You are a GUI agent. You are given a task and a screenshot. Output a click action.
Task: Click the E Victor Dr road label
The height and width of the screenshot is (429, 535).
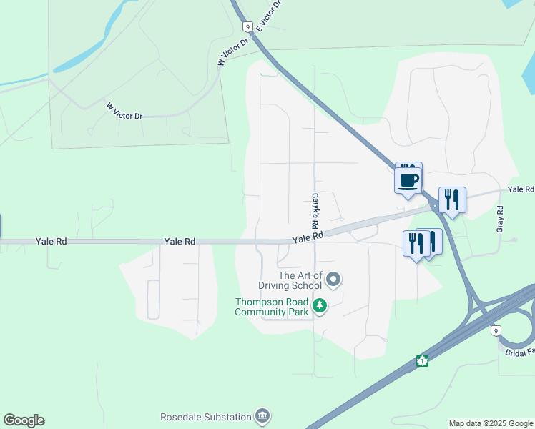click(268, 16)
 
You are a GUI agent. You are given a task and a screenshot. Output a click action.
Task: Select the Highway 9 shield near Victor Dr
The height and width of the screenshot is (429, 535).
click(247, 26)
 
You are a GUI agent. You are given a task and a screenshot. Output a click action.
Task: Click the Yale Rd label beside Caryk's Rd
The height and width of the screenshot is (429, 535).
click(308, 236)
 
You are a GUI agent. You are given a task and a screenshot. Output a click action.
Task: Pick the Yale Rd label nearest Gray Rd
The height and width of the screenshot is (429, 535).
click(521, 189)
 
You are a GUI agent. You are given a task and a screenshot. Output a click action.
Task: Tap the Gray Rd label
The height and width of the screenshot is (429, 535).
click(500, 219)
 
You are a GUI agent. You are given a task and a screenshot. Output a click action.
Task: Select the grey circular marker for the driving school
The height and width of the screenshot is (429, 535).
click(333, 278)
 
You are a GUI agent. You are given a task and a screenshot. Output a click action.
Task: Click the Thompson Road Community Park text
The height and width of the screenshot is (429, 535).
click(272, 307)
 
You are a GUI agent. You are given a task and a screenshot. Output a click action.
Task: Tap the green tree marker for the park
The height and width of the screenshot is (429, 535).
click(320, 307)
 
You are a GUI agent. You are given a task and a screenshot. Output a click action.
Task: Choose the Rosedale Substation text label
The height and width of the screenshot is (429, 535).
click(206, 417)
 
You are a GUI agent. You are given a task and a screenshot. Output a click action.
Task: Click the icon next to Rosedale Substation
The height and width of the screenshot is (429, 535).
click(262, 416)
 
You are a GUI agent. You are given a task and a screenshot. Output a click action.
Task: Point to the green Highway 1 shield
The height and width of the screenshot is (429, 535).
click(423, 361)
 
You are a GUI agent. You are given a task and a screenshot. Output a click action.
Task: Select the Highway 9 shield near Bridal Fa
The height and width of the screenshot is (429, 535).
click(496, 330)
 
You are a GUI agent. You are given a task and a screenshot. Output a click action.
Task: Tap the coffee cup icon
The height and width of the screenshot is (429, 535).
click(408, 180)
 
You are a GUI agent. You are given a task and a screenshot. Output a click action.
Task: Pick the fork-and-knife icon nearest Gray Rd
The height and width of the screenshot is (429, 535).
click(452, 199)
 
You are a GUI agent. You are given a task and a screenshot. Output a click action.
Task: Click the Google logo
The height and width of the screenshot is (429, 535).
click(24, 420)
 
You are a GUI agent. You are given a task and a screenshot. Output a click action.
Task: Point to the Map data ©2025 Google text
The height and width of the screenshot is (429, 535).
click(490, 423)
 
